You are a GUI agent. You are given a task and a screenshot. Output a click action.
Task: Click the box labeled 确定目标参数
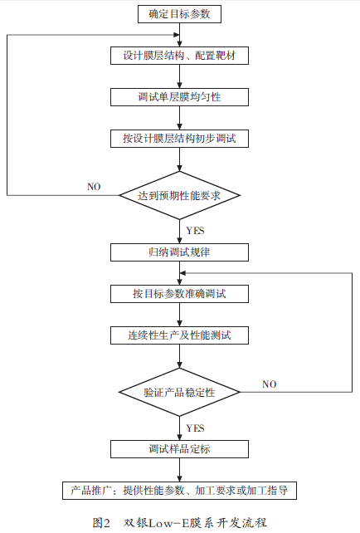pyautogui.click(x=179, y=14)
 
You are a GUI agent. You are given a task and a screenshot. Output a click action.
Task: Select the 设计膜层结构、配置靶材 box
pyautogui.click(x=179, y=56)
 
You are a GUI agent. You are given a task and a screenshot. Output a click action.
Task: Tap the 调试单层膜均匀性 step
pyautogui.click(x=179, y=97)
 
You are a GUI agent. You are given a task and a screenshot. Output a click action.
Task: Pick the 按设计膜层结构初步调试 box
pyautogui.click(x=179, y=139)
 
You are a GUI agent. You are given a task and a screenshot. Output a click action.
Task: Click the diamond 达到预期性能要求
pyautogui.click(x=179, y=195)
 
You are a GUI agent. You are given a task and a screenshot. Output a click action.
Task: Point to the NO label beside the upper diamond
pyautogui.click(x=94, y=187)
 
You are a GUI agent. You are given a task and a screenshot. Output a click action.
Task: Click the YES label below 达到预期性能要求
pyautogui.click(x=195, y=231)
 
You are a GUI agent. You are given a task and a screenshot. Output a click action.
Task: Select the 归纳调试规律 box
pyautogui.click(x=179, y=252)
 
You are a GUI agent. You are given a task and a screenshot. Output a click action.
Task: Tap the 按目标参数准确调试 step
pyautogui.click(x=179, y=294)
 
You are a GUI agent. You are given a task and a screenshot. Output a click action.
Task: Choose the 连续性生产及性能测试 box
pyautogui.click(x=179, y=335)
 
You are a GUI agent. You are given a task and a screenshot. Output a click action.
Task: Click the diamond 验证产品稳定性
pyautogui.click(x=179, y=392)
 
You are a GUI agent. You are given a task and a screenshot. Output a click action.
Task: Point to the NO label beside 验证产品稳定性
pyautogui.click(x=270, y=384)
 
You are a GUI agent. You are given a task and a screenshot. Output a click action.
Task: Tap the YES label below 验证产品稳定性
pyautogui.click(x=195, y=428)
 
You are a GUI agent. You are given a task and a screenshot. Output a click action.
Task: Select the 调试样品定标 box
pyautogui.click(x=179, y=449)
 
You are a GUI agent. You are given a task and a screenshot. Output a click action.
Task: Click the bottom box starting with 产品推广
pyautogui.click(x=179, y=491)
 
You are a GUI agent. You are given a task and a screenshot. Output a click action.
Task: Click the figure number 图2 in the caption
pyautogui.click(x=101, y=522)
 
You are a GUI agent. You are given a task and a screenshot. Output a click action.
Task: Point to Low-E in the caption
pyautogui.click(x=164, y=522)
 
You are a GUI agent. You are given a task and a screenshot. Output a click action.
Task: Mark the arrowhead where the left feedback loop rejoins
pyautogui.click(x=176, y=35)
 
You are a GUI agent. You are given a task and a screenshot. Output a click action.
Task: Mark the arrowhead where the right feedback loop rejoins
pyautogui.click(x=182, y=273)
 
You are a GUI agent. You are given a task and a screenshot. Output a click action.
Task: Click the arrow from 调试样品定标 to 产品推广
pyautogui.click(x=180, y=470)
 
